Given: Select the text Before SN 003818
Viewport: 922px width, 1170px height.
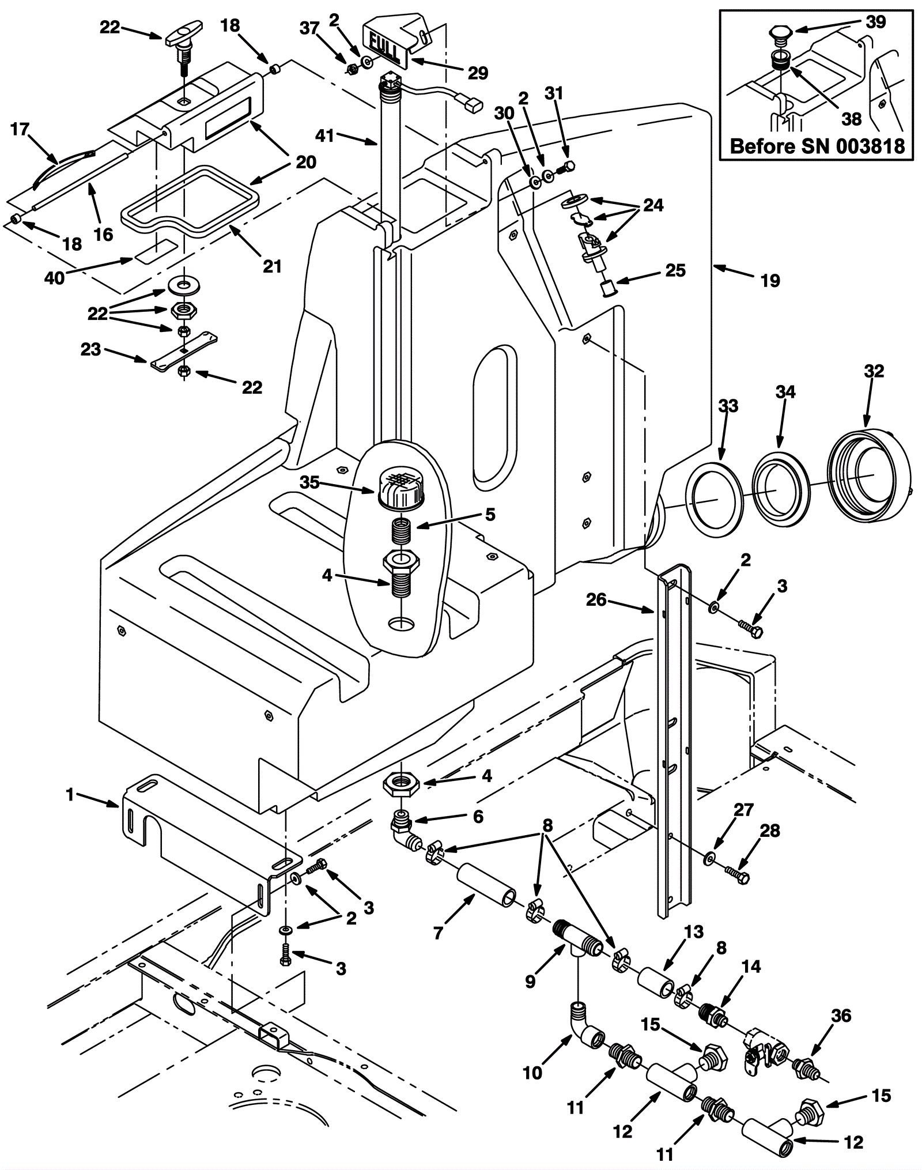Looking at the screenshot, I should (x=817, y=146).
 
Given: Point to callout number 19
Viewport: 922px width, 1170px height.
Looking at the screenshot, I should (x=770, y=281).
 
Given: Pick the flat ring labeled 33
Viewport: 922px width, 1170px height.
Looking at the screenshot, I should (x=714, y=499).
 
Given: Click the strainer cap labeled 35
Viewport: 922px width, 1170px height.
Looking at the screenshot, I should (x=400, y=488).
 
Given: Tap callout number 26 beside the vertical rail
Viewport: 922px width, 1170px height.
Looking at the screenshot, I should (x=596, y=600).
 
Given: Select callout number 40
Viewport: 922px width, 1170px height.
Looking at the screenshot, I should (x=55, y=278).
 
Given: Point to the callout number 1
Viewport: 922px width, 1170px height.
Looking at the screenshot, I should (x=70, y=795).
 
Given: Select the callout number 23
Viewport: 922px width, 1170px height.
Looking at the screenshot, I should (x=91, y=349).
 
